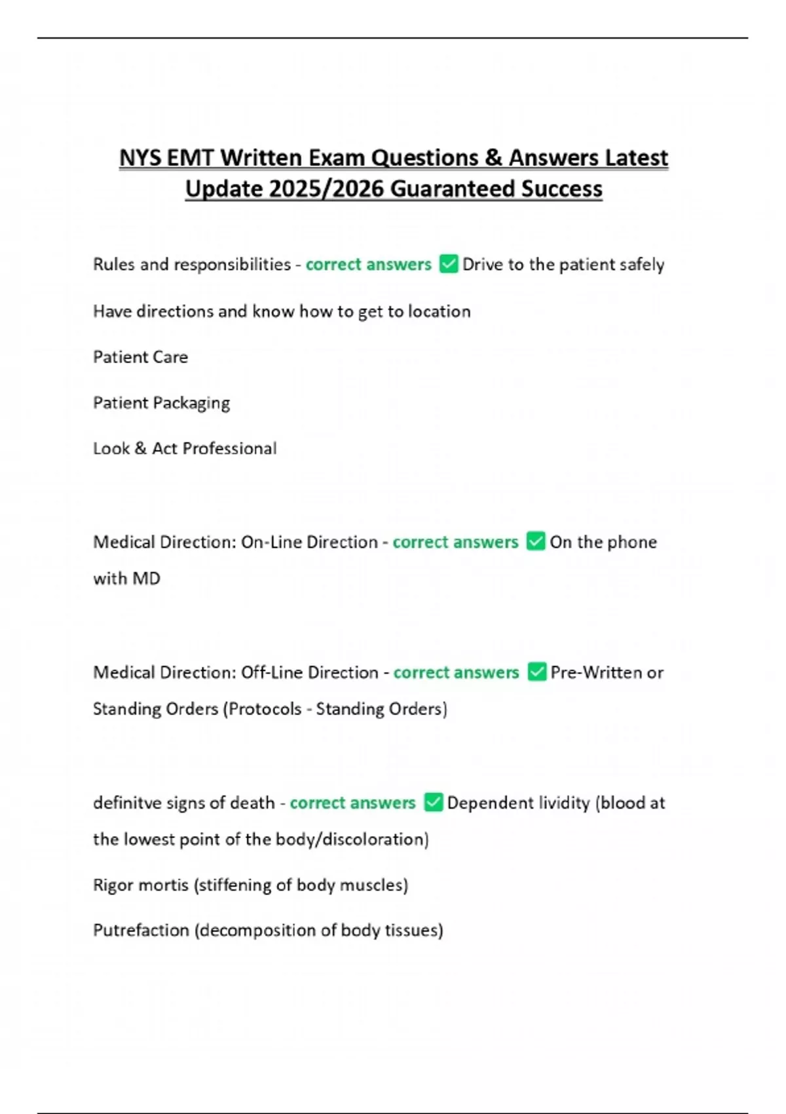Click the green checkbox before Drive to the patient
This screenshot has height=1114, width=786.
[449, 264]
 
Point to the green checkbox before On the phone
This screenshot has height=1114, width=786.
[536, 542]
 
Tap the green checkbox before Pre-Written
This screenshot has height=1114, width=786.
[536, 672]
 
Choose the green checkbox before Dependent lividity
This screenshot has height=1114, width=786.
[434, 803]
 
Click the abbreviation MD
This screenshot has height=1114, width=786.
[146, 579]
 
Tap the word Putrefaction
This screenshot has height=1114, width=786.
[141, 931]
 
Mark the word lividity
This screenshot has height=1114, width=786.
[564, 803]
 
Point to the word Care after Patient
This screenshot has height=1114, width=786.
[170, 357]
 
